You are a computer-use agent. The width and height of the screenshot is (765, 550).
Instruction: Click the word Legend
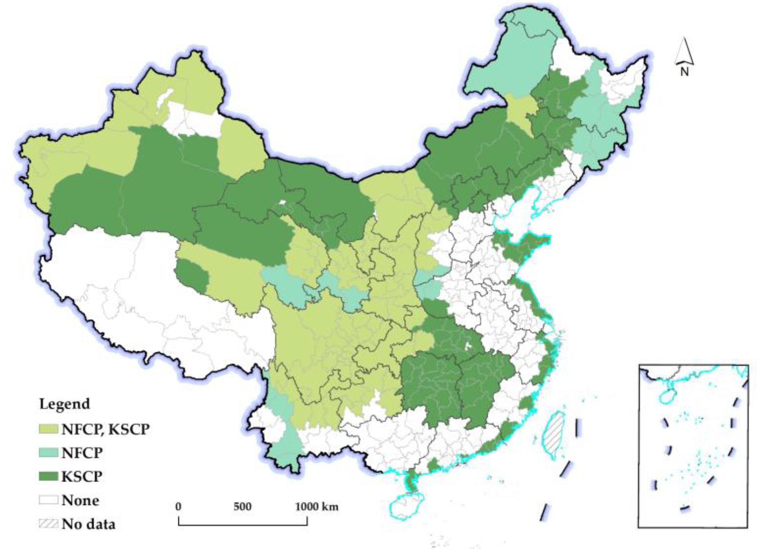[64, 404]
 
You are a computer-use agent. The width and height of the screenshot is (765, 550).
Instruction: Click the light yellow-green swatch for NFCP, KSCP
[49, 429]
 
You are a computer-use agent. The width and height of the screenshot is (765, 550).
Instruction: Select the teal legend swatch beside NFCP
[49, 453]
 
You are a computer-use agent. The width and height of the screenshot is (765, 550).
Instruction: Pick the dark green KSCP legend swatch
[49, 476]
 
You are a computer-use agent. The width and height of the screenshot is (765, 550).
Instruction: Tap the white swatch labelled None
[49, 500]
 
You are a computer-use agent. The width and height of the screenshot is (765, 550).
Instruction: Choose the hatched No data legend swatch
[49, 524]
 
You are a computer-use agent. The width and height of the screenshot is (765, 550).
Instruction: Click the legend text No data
[89, 524]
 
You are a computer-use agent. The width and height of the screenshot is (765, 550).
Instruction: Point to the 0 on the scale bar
[178, 507]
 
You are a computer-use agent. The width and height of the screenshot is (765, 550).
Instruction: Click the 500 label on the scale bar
[242, 507]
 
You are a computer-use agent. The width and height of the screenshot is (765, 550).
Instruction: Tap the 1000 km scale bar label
[317, 507]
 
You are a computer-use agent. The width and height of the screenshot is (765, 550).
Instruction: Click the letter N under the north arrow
[684, 72]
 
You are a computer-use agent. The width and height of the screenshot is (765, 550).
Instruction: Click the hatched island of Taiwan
[554, 435]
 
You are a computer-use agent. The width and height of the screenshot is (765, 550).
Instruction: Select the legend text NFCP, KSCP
[106, 429]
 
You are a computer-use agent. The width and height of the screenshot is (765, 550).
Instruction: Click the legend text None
[80, 500]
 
